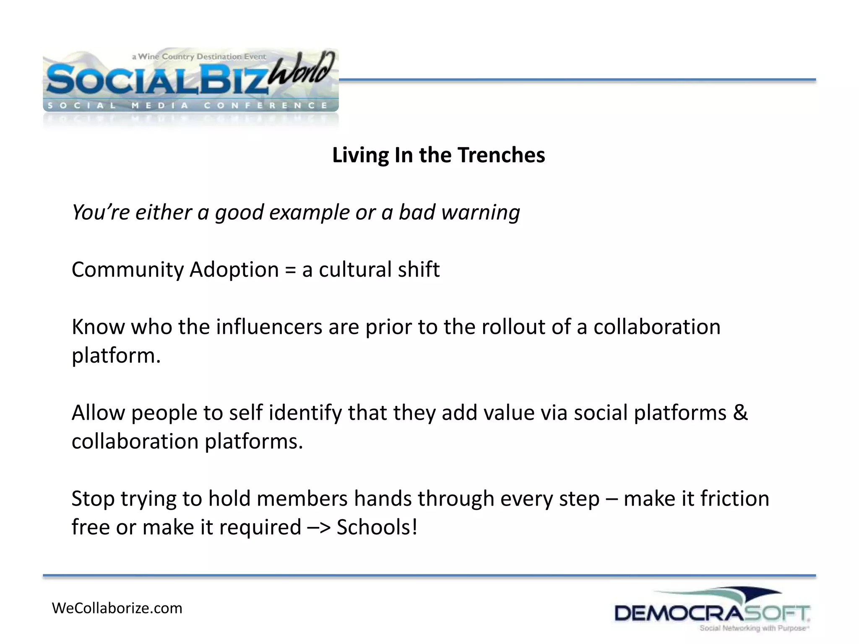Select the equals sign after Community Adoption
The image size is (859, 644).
(290, 270)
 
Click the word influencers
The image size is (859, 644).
(269, 327)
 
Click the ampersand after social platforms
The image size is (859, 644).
(740, 413)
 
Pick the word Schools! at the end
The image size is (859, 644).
(377, 527)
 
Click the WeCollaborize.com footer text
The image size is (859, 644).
(117, 608)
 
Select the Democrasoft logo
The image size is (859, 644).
(712, 610)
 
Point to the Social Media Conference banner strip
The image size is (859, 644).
(189, 105)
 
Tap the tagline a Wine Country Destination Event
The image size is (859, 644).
(199, 57)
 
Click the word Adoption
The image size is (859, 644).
(234, 270)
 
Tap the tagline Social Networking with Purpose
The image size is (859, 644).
(753, 628)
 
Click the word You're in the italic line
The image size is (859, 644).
(101, 212)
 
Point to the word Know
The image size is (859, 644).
(98, 327)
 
